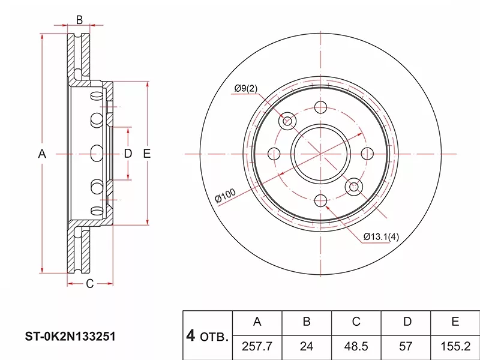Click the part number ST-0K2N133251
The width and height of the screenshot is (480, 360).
(x=70, y=337)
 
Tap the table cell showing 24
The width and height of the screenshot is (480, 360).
(x=307, y=347)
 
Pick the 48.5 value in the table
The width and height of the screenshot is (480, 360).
(x=356, y=347)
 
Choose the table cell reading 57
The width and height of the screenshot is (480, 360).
(x=407, y=347)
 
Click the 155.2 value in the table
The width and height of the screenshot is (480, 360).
(x=455, y=347)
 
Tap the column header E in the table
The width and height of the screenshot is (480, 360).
(x=455, y=322)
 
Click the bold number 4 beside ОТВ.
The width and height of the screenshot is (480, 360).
(x=191, y=335)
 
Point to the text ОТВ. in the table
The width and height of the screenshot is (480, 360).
(x=214, y=338)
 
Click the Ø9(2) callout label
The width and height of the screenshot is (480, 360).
(x=245, y=89)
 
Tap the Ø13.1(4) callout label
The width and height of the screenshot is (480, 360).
(x=381, y=236)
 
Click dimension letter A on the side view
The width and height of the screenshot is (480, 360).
(x=42, y=154)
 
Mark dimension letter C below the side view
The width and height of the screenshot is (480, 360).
(x=89, y=284)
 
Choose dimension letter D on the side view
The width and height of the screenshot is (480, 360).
(x=127, y=154)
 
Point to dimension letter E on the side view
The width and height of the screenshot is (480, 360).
(x=146, y=154)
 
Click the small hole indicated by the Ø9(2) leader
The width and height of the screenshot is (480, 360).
(x=287, y=121)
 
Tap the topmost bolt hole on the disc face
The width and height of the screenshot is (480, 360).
(x=321, y=108)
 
